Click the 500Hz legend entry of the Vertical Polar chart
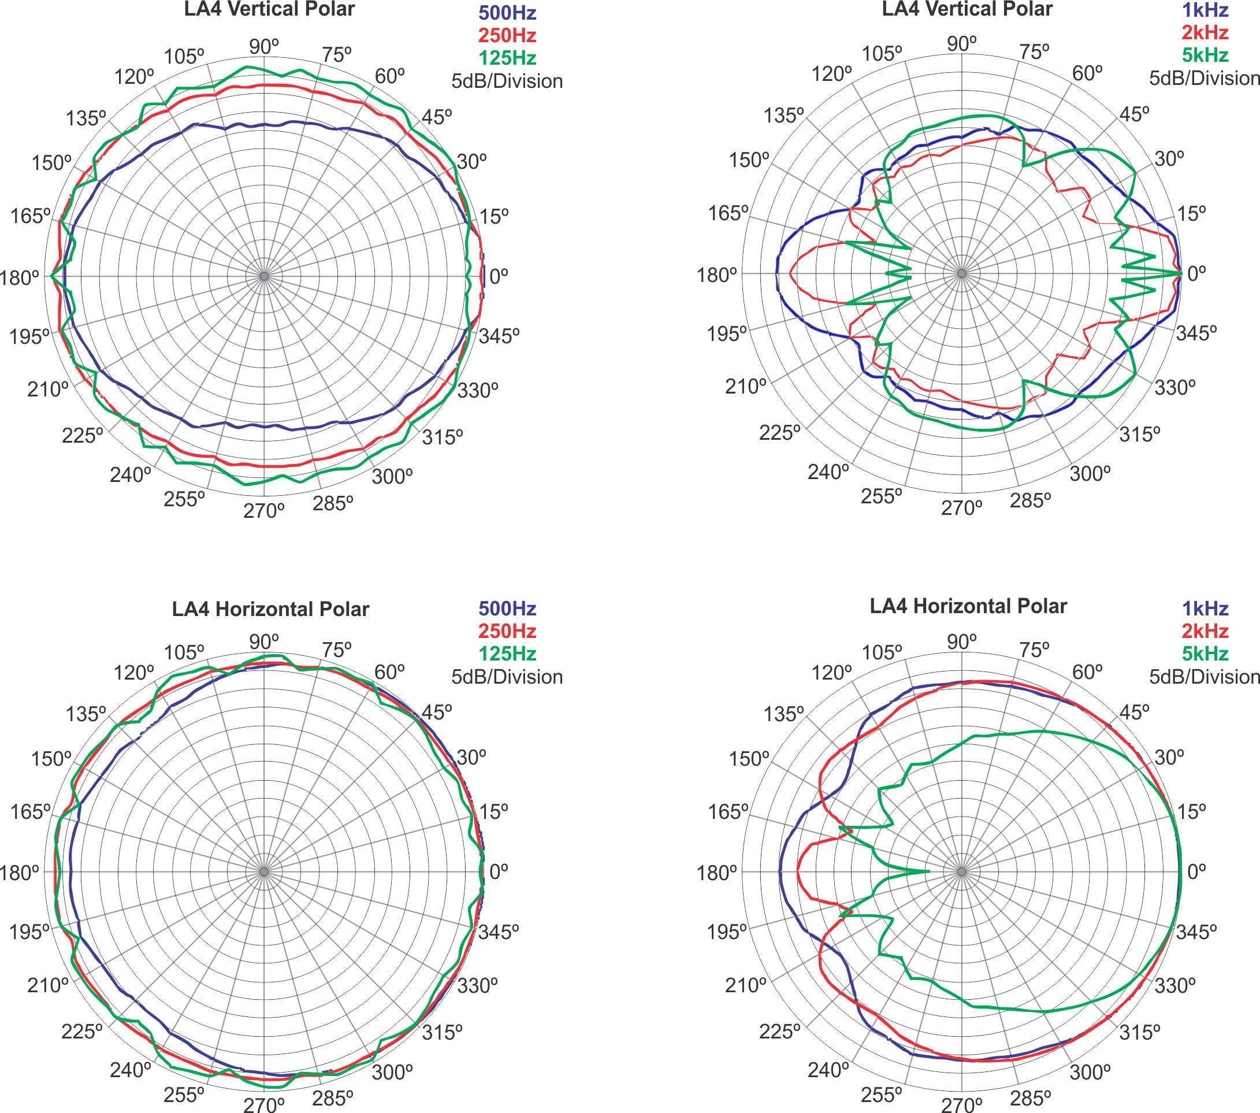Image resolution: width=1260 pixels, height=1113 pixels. [507, 13]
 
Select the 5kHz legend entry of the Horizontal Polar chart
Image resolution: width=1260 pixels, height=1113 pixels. [1205, 654]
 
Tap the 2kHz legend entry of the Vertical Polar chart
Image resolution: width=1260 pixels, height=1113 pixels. [1205, 33]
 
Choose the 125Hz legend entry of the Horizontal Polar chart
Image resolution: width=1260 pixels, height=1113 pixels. [507, 654]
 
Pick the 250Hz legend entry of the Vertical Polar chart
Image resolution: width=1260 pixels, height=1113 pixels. [507, 36]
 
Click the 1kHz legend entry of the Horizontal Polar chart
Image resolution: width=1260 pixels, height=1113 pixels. [1205, 609]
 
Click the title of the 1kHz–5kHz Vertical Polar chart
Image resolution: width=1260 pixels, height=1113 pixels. [967, 9]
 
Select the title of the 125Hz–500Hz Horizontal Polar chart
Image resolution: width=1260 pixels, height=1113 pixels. [270, 609]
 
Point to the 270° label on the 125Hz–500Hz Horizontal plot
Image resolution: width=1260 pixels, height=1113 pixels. [264, 1104]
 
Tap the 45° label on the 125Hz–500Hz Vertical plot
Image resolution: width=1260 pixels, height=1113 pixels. [436, 117]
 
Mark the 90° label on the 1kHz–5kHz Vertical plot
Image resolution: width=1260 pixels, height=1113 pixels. [962, 44]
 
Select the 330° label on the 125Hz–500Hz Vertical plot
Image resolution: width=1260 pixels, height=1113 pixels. [477, 390]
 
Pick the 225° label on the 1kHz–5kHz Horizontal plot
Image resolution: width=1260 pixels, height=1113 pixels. [779, 1032]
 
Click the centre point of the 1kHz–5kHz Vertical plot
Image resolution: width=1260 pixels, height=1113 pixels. [962, 273]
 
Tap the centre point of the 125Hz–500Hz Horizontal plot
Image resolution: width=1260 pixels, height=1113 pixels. [264, 872]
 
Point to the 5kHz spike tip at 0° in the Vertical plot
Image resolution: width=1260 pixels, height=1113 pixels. [1180, 273]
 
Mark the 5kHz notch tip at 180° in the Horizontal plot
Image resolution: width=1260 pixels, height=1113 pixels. [930, 871]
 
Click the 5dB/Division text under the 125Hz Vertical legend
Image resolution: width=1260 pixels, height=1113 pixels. [507, 81]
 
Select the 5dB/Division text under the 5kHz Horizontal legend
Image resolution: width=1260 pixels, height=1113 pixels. [1203, 677]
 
